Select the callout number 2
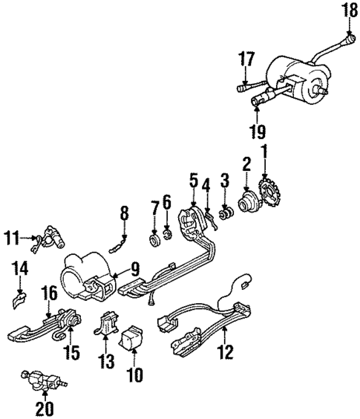click(x=244, y=162)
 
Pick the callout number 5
click(x=193, y=181)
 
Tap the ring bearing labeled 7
click(x=154, y=241)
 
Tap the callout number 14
click(x=20, y=269)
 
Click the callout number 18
click(x=349, y=10)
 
